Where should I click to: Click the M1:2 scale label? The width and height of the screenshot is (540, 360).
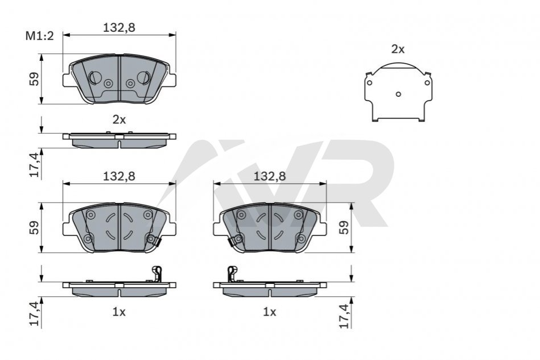40,36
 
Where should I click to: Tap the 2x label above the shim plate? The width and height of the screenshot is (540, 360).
398,49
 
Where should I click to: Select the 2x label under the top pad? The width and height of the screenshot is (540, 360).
119,119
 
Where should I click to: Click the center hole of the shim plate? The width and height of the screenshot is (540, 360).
398,94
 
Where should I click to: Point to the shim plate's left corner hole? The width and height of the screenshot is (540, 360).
369,82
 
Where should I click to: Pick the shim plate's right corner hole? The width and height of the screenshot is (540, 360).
427,82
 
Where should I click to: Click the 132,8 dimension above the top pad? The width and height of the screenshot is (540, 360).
119,27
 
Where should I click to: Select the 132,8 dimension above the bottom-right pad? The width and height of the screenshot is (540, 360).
270,176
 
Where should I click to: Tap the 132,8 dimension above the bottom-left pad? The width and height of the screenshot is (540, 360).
119,176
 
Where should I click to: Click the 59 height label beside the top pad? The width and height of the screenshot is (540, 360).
34,79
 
